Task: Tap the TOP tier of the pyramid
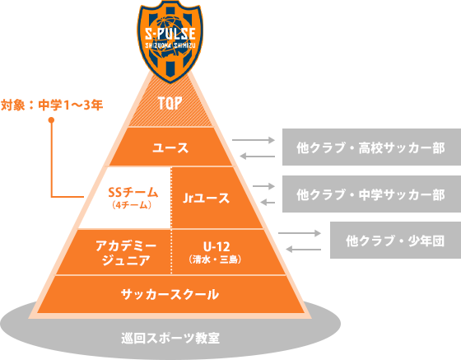(170, 103)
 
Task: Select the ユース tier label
(170, 148)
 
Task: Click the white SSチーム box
(128, 198)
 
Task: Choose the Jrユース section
(206, 198)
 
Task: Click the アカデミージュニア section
(126, 252)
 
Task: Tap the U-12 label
(217, 246)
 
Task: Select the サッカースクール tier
(170, 294)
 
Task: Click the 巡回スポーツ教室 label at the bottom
(170, 338)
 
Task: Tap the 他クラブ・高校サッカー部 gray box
(370, 148)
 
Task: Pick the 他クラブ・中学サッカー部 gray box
(370, 195)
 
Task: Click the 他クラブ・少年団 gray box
(395, 241)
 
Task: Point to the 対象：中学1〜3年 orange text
(52, 105)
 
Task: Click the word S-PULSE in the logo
(170, 35)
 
